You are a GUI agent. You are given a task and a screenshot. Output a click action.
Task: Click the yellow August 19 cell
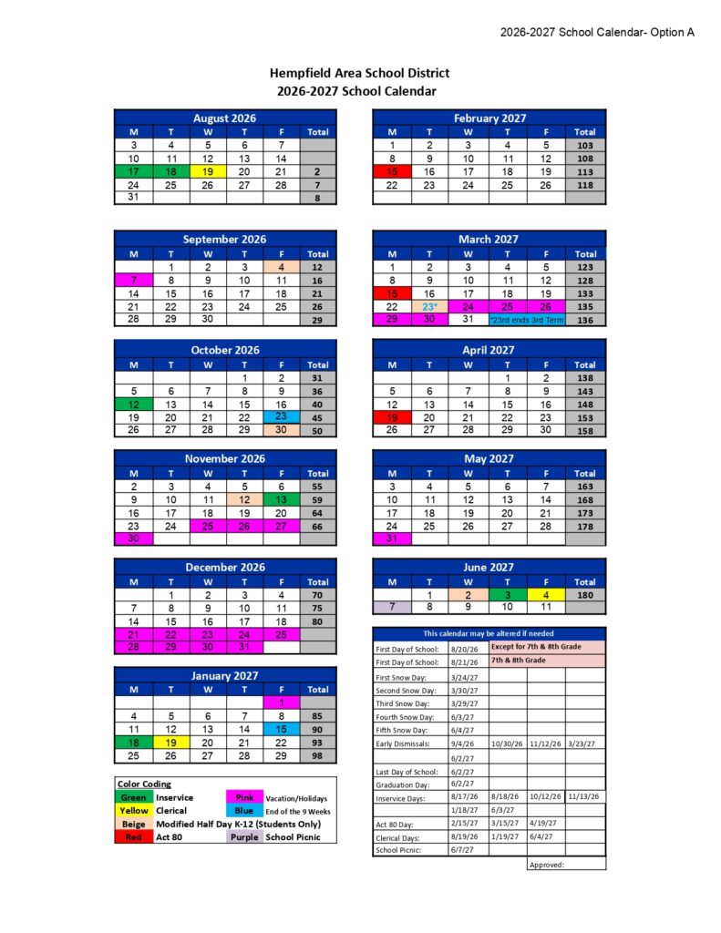point(207,171)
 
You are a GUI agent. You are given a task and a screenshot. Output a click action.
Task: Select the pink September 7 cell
point(133,280)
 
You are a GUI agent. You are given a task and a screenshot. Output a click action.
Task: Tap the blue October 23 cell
point(281,416)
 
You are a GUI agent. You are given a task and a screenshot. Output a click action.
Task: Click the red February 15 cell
point(392,171)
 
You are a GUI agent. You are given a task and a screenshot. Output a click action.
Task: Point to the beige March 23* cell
point(429,307)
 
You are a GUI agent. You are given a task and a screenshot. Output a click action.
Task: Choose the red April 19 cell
point(392,417)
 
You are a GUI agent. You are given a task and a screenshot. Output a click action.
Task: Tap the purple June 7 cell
point(392,607)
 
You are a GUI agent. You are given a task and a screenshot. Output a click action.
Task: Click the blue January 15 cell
point(281,729)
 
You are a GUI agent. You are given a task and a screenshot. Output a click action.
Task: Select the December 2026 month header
point(224,567)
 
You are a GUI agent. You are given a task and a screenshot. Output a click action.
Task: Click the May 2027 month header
point(489,458)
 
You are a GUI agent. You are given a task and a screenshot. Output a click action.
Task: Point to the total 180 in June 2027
point(584,594)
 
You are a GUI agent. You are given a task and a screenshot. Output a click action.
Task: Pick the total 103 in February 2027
point(584,145)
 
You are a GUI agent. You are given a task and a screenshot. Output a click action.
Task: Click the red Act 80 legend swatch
point(134,836)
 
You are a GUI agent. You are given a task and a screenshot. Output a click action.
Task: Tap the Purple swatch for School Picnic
point(243,836)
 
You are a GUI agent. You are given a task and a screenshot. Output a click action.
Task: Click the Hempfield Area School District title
point(359,73)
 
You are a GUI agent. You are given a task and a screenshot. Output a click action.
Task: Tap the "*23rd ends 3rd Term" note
point(526,321)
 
